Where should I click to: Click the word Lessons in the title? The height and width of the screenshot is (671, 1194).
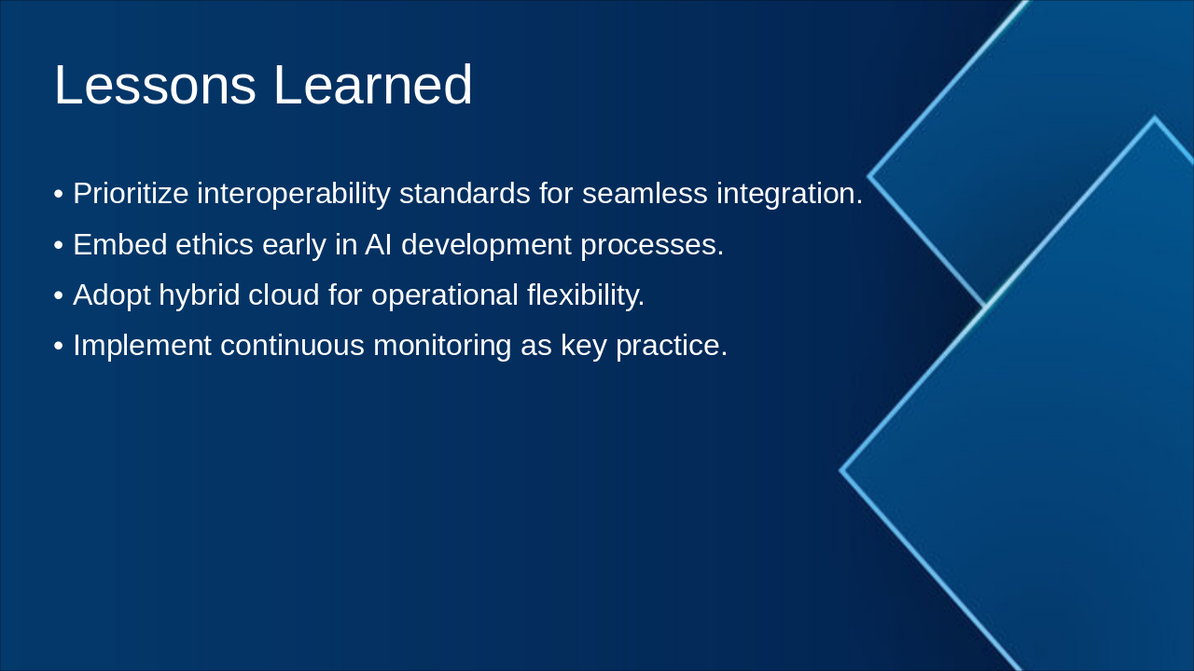(155, 85)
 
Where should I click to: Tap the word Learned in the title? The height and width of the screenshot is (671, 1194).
(372, 85)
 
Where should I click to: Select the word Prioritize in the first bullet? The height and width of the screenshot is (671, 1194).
(131, 193)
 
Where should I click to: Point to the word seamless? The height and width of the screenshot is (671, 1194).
(645, 193)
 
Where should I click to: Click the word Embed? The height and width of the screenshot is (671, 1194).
(120, 244)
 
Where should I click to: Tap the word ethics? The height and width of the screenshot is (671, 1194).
(215, 244)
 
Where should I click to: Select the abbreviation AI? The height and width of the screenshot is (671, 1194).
(379, 245)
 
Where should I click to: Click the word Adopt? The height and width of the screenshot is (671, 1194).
(111, 295)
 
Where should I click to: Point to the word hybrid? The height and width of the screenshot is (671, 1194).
(200, 295)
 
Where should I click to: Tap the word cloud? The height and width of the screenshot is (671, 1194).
(284, 294)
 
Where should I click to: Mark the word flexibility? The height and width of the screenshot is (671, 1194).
(585, 295)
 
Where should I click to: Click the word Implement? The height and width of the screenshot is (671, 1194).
(143, 346)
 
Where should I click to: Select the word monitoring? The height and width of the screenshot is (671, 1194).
(442, 346)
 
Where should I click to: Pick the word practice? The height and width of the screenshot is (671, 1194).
(672, 346)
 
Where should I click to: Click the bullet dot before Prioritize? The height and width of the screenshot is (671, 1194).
(59, 195)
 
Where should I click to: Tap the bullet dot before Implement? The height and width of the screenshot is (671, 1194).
(59, 346)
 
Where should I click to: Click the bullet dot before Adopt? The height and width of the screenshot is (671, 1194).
(59, 295)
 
